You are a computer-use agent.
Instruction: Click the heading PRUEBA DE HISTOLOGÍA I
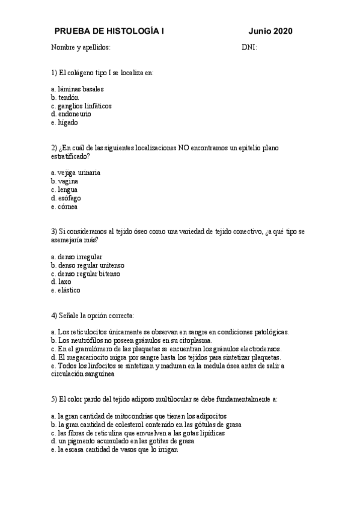109,31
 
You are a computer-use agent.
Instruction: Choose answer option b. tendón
66,97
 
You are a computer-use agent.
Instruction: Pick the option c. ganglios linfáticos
81,105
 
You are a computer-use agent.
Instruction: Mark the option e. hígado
65,122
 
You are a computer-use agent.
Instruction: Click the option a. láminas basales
78,88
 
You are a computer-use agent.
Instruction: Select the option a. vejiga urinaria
76,173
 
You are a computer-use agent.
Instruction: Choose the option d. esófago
66,198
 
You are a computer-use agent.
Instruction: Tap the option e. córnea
64,206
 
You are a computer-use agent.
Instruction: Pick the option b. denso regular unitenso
88,265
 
